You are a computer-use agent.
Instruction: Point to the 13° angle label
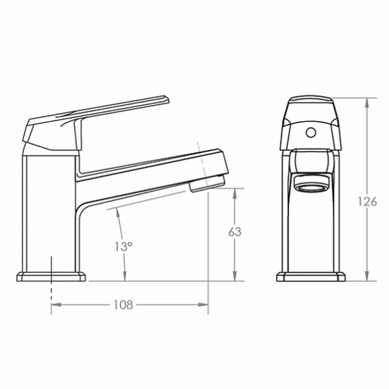tap(123, 246)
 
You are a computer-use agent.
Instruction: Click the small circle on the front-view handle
tap(311, 133)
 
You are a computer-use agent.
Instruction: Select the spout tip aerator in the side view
tap(207, 182)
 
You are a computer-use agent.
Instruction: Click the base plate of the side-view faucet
tap(51, 277)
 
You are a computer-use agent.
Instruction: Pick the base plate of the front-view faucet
tap(311, 277)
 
